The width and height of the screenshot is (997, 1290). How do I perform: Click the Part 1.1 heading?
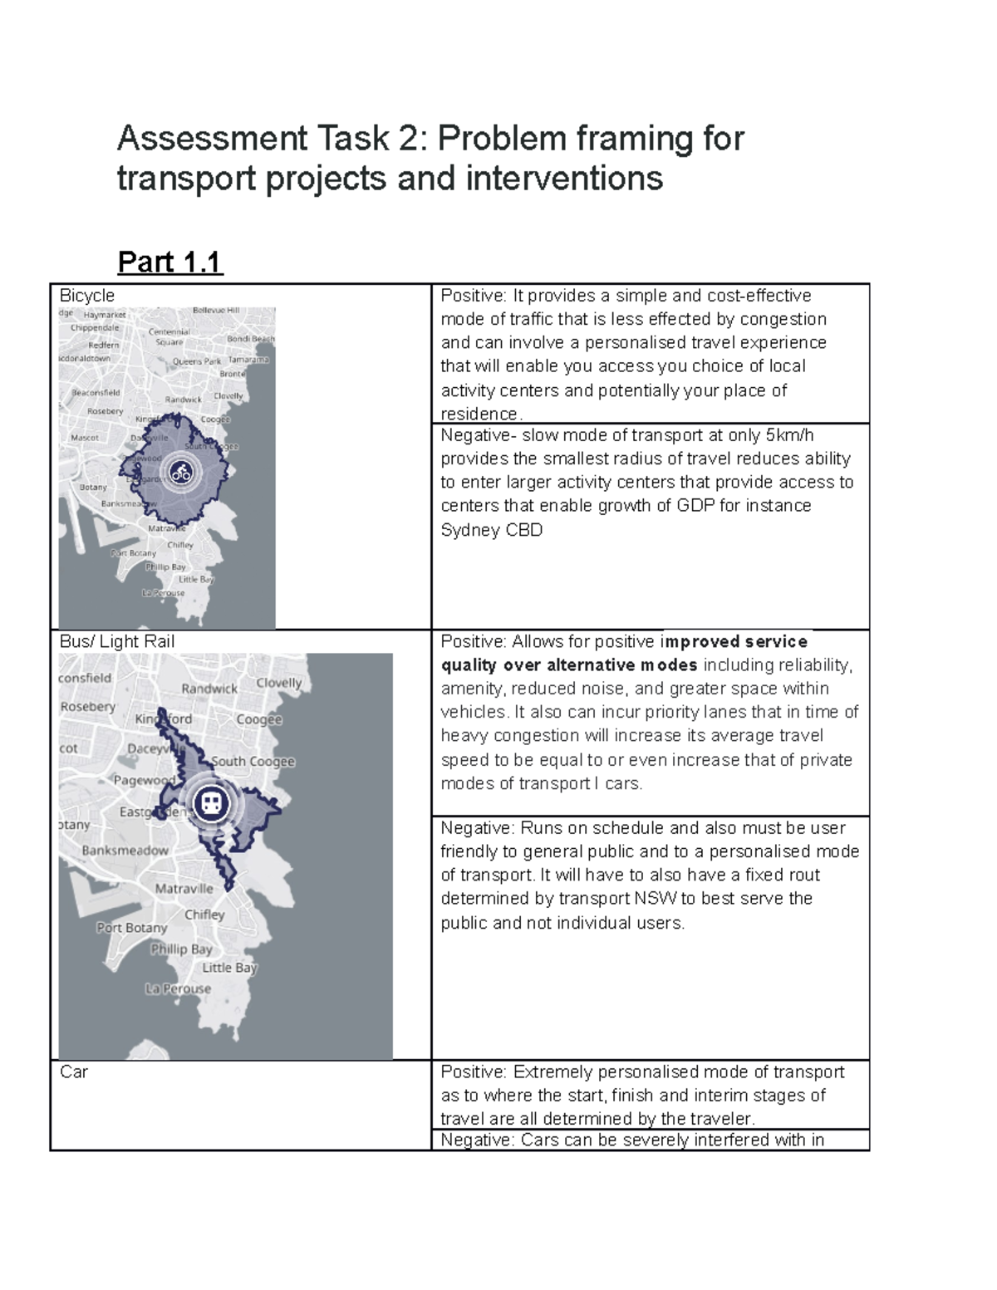[170, 262]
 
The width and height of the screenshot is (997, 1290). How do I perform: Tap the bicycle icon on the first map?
[180, 473]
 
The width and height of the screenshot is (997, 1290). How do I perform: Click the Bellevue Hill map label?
[215, 310]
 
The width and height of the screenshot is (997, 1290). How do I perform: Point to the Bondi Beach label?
[250, 339]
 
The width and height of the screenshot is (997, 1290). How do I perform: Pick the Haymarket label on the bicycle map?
[105, 315]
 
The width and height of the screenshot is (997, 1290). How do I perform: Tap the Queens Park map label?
[197, 361]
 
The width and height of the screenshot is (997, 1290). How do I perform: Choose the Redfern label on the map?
[104, 345]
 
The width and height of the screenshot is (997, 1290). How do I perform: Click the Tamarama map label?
[248, 360]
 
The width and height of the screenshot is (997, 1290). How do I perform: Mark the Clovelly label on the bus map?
[279, 683]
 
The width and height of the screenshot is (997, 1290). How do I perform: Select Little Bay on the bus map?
[229, 968]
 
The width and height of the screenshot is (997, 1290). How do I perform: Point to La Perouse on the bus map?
[178, 988]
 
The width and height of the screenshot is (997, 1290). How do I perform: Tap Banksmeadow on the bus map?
[125, 851]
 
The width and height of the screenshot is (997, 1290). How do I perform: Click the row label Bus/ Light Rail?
[117, 641]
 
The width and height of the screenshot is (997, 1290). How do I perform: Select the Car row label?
[74, 1072]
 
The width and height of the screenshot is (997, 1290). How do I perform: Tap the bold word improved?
[702, 641]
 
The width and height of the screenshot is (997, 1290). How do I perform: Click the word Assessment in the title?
[211, 138]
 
